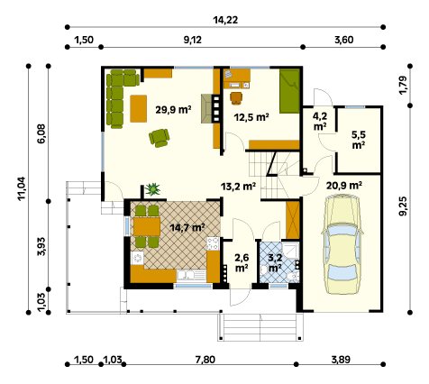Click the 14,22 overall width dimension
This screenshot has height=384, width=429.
225,20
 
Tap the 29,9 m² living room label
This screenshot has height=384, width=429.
173,110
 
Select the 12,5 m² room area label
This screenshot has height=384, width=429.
251,117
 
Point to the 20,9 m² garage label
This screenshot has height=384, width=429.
344,186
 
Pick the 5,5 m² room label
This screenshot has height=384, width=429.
359,140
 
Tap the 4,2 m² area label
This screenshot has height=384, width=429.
320,121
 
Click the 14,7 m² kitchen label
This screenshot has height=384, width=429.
187,227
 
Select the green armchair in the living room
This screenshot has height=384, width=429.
159,138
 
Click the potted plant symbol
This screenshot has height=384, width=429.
152,189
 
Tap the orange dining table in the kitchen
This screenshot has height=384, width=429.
147,226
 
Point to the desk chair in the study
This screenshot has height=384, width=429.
236,98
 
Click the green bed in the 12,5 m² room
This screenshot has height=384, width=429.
289,91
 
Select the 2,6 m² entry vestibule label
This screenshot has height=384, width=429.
242,262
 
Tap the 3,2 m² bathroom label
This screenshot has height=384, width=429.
275,262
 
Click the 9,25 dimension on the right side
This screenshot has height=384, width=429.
403,206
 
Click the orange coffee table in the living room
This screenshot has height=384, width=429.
139,108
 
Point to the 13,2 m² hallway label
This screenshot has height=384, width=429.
238,187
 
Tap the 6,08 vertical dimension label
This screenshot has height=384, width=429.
41,133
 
